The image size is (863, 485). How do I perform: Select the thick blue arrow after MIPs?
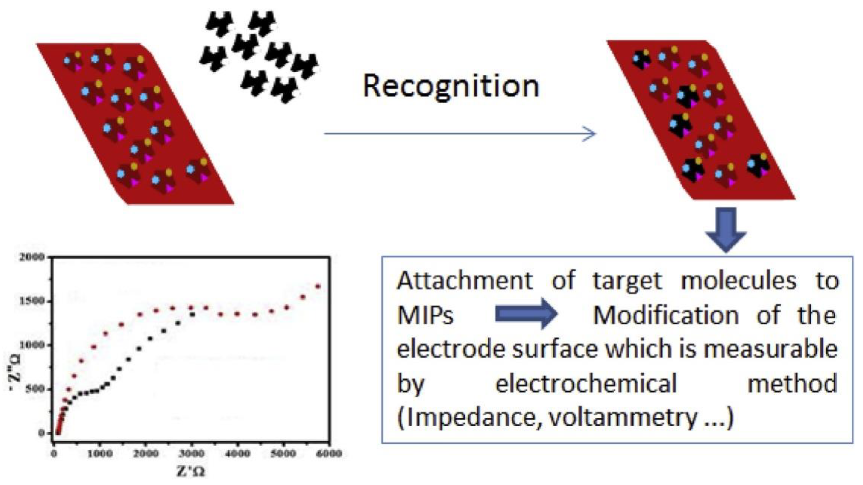point(526,314)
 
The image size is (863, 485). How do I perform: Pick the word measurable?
point(770,349)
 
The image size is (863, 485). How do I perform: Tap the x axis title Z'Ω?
point(191,472)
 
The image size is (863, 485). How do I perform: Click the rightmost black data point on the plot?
point(192,314)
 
